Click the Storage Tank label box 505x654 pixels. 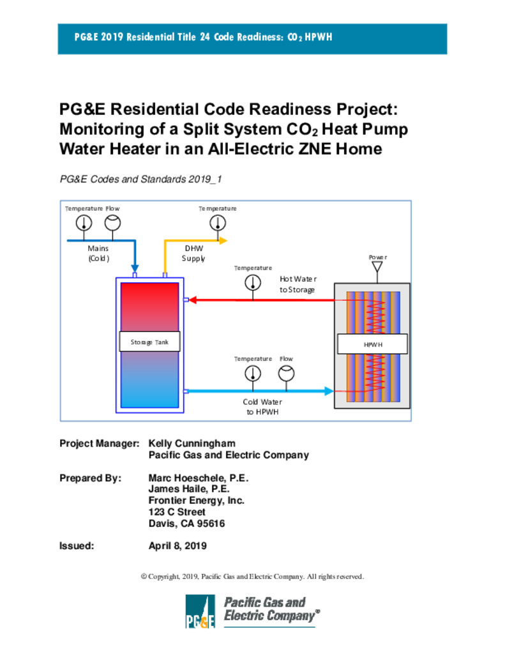[x=150, y=342]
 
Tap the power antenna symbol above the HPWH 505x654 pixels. [x=377, y=265]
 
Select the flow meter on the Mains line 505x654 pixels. [x=112, y=222]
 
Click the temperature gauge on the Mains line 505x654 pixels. [x=83, y=222]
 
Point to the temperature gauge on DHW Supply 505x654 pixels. [x=218, y=222]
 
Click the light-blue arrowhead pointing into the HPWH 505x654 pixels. [x=329, y=390]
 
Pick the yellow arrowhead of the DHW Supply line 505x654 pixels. [x=223, y=241]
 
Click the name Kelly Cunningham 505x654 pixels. [x=192, y=443]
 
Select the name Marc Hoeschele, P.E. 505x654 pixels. [x=198, y=478]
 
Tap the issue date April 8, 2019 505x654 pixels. [x=177, y=546]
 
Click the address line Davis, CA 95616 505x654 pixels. [x=186, y=524]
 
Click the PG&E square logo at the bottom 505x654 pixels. [x=200, y=611]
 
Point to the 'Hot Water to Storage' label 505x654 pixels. [x=298, y=284]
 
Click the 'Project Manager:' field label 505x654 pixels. [x=99, y=443]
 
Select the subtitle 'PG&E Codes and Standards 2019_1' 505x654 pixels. [x=140, y=179]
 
